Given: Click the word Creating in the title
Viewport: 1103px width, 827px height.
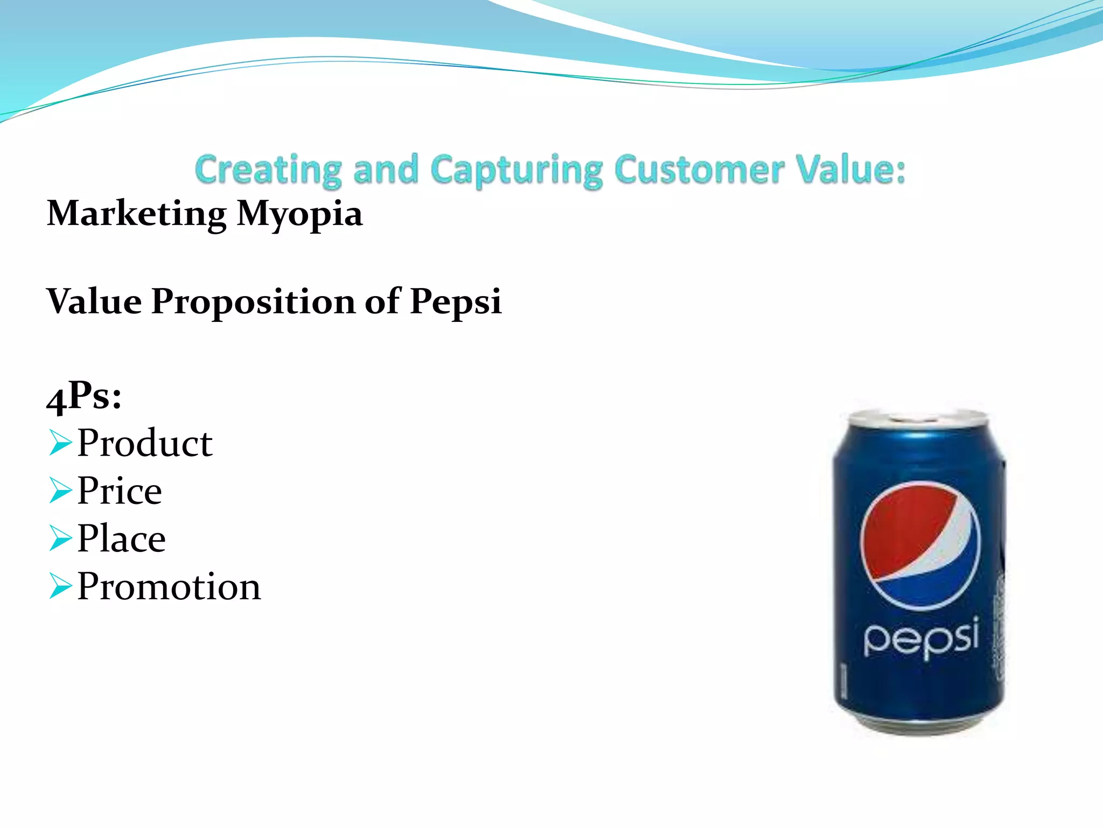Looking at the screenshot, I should tap(268, 170).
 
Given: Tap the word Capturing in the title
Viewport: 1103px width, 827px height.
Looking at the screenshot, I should tap(517, 170).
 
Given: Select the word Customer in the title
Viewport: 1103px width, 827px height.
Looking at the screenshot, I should tap(699, 170).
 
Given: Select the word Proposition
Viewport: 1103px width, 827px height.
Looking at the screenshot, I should tap(253, 301).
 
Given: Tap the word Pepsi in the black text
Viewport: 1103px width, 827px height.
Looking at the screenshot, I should tap(456, 302).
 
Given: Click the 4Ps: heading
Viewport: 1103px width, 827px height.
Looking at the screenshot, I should tap(84, 397).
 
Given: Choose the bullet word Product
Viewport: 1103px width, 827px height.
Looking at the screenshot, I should tap(145, 443).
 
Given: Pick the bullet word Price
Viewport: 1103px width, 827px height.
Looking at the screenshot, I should tap(119, 491).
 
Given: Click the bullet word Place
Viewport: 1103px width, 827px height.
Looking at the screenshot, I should tap(121, 538).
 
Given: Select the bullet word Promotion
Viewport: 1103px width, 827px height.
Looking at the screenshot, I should tap(169, 586).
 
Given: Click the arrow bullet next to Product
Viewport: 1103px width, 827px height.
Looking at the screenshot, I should tap(60, 443).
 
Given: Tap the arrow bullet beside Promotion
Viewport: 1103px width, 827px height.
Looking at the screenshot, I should tap(60, 586).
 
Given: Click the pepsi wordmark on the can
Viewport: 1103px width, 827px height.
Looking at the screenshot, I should tap(921, 638).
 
